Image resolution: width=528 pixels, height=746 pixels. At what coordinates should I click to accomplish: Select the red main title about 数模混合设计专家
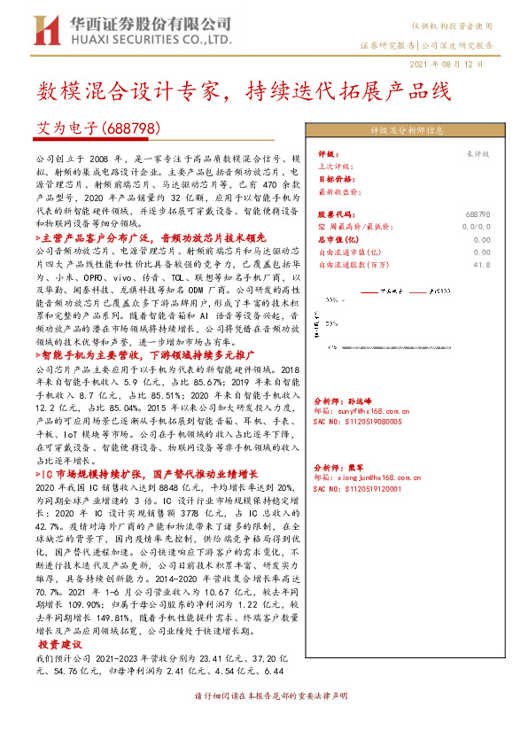click(244, 91)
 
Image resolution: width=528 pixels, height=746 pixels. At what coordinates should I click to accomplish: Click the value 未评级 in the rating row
click(478, 153)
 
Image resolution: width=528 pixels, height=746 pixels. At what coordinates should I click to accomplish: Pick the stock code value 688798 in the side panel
click(478, 214)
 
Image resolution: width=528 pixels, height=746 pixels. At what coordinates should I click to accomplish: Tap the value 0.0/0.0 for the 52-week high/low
click(477, 227)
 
